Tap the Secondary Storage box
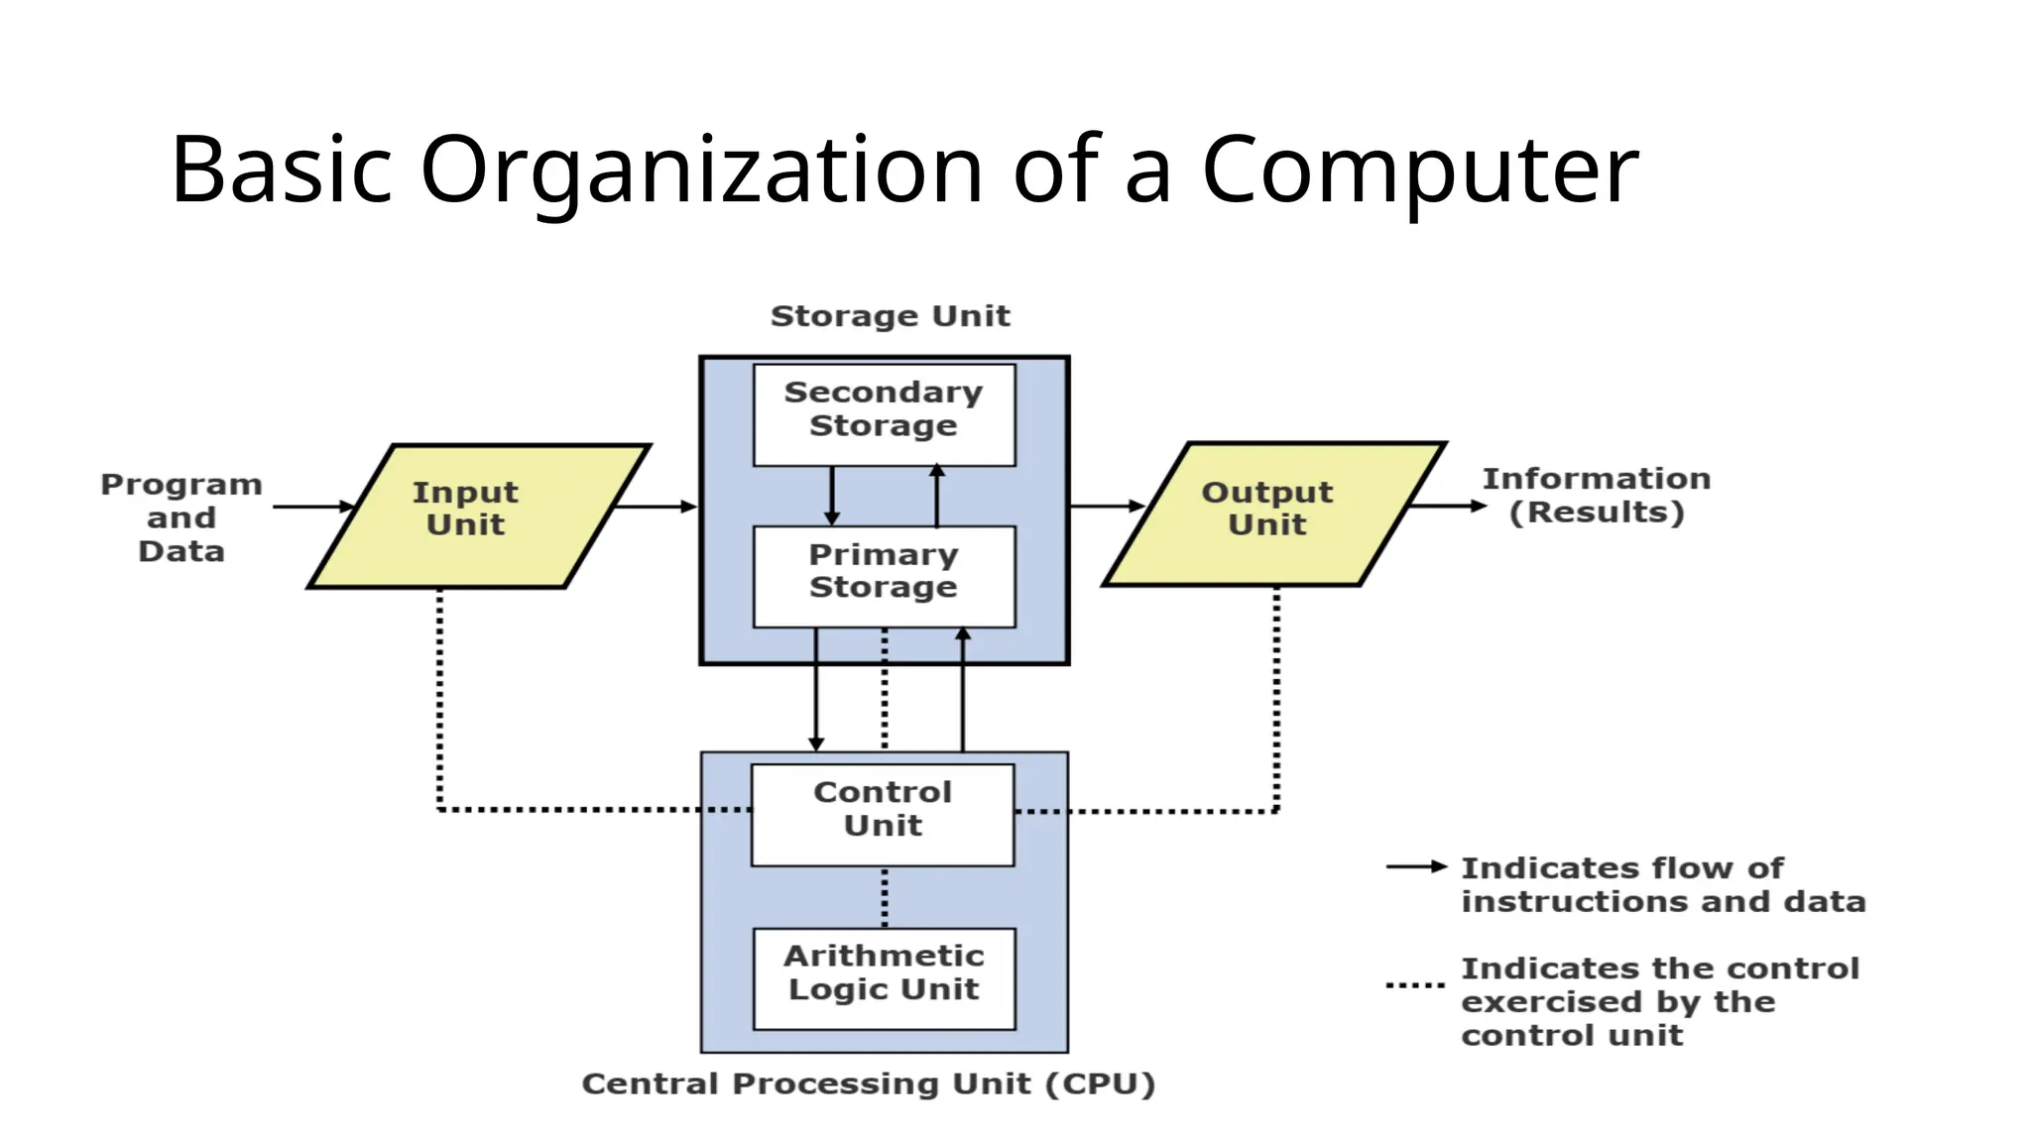pyautogui.click(x=884, y=414)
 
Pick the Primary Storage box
pyautogui.click(x=884, y=576)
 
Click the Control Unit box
pyautogui.click(x=883, y=814)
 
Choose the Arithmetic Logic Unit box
pyautogui.click(x=884, y=977)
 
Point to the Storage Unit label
pyautogui.click(x=890, y=316)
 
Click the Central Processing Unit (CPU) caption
pyautogui.click(x=868, y=1084)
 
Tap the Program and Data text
pyautogui.click(x=181, y=517)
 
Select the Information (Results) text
pyautogui.click(x=1596, y=496)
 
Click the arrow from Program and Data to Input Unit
pyautogui.click(x=312, y=507)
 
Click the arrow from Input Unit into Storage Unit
pyautogui.click(x=657, y=507)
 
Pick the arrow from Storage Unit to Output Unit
pyautogui.click(x=1107, y=506)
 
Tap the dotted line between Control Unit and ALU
pyautogui.click(x=885, y=897)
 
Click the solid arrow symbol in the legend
pyautogui.click(x=1416, y=866)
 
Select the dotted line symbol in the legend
pyautogui.click(x=1415, y=985)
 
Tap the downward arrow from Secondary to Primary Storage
pyautogui.click(x=832, y=495)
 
